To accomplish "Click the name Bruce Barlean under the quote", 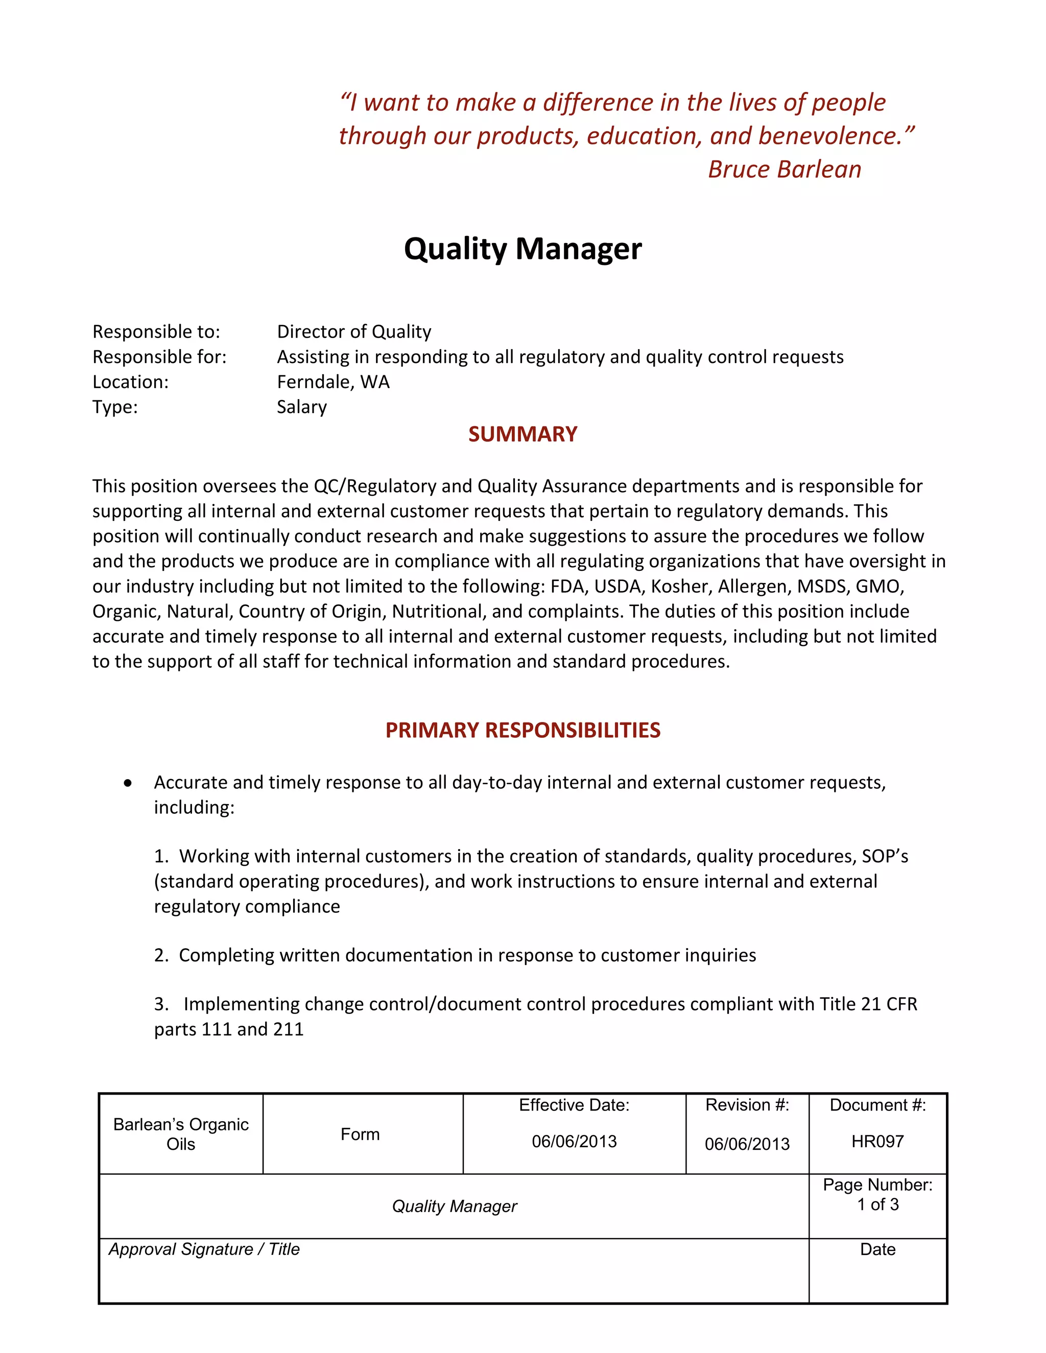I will click(784, 169).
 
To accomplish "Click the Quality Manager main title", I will click(522, 249).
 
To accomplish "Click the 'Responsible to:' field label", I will click(156, 331).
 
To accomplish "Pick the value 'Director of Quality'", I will click(354, 331).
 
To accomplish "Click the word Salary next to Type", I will click(301, 407).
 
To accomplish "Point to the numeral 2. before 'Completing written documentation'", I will click(161, 955).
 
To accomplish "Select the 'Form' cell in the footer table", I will click(360, 1134).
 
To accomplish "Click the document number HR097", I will click(877, 1141).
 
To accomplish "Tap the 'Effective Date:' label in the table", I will click(574, 1105).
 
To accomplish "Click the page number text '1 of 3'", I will click(877, 1204).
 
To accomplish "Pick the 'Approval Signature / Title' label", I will click(204, 1249).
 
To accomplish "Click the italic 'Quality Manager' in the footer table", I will click(454, 1206).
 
